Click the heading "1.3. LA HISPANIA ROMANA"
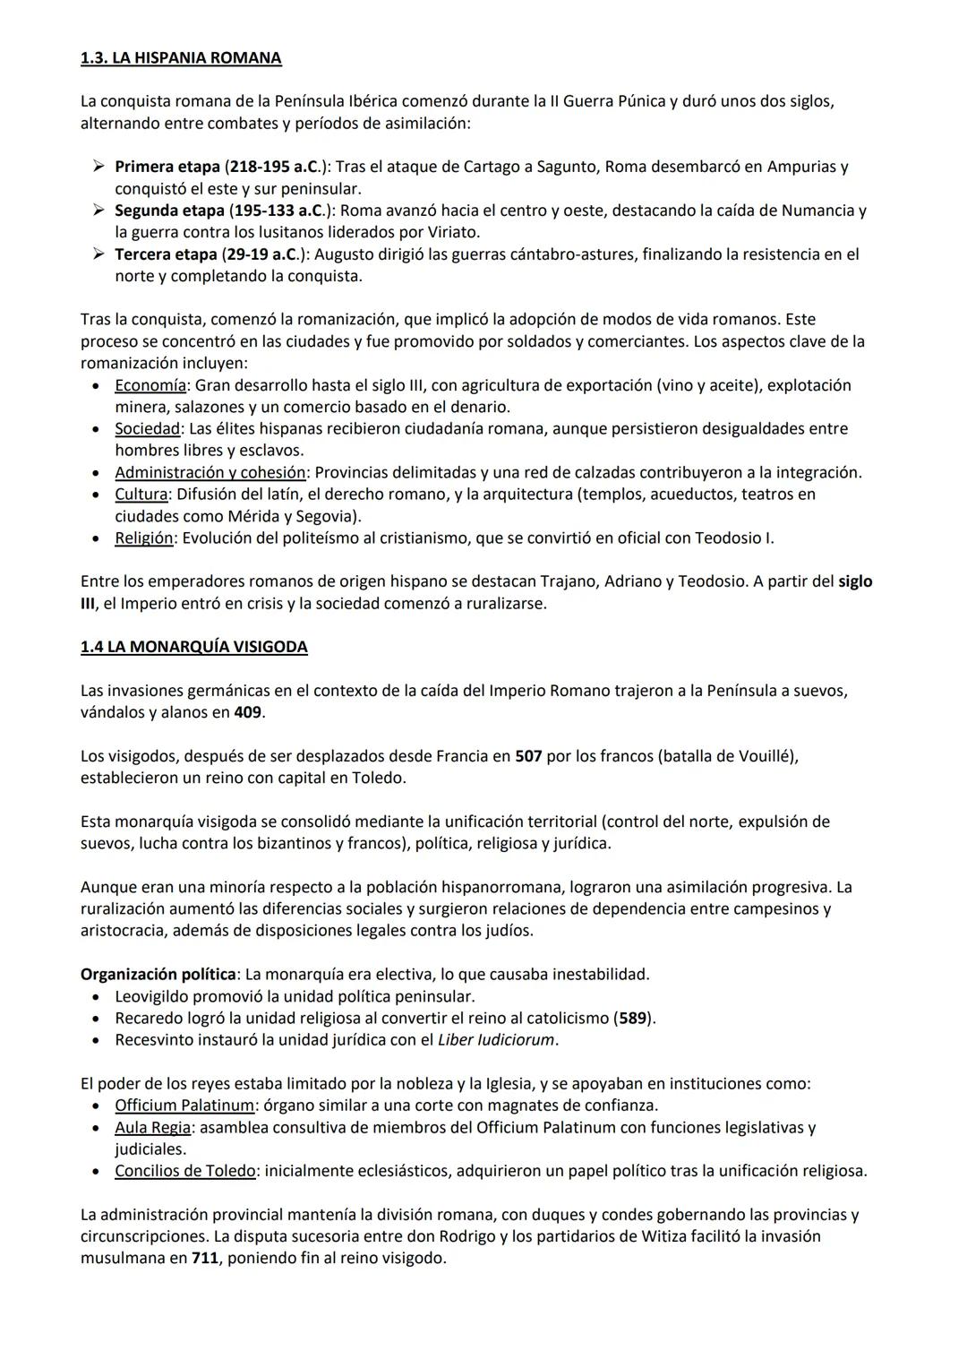[180, 58]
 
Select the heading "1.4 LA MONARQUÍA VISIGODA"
[193, 647]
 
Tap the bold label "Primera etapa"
[167, 167]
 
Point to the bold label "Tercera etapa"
[166, 254]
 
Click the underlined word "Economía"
[150, 385]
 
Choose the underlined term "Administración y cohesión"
[210, 472]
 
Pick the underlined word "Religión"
[143, 538]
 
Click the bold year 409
[249, 712]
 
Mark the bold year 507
[528, 756]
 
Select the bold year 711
[205, 1258]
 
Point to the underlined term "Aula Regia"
[152, 1128]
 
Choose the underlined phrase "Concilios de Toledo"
[185, 1171]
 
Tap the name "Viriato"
[449, 232]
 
